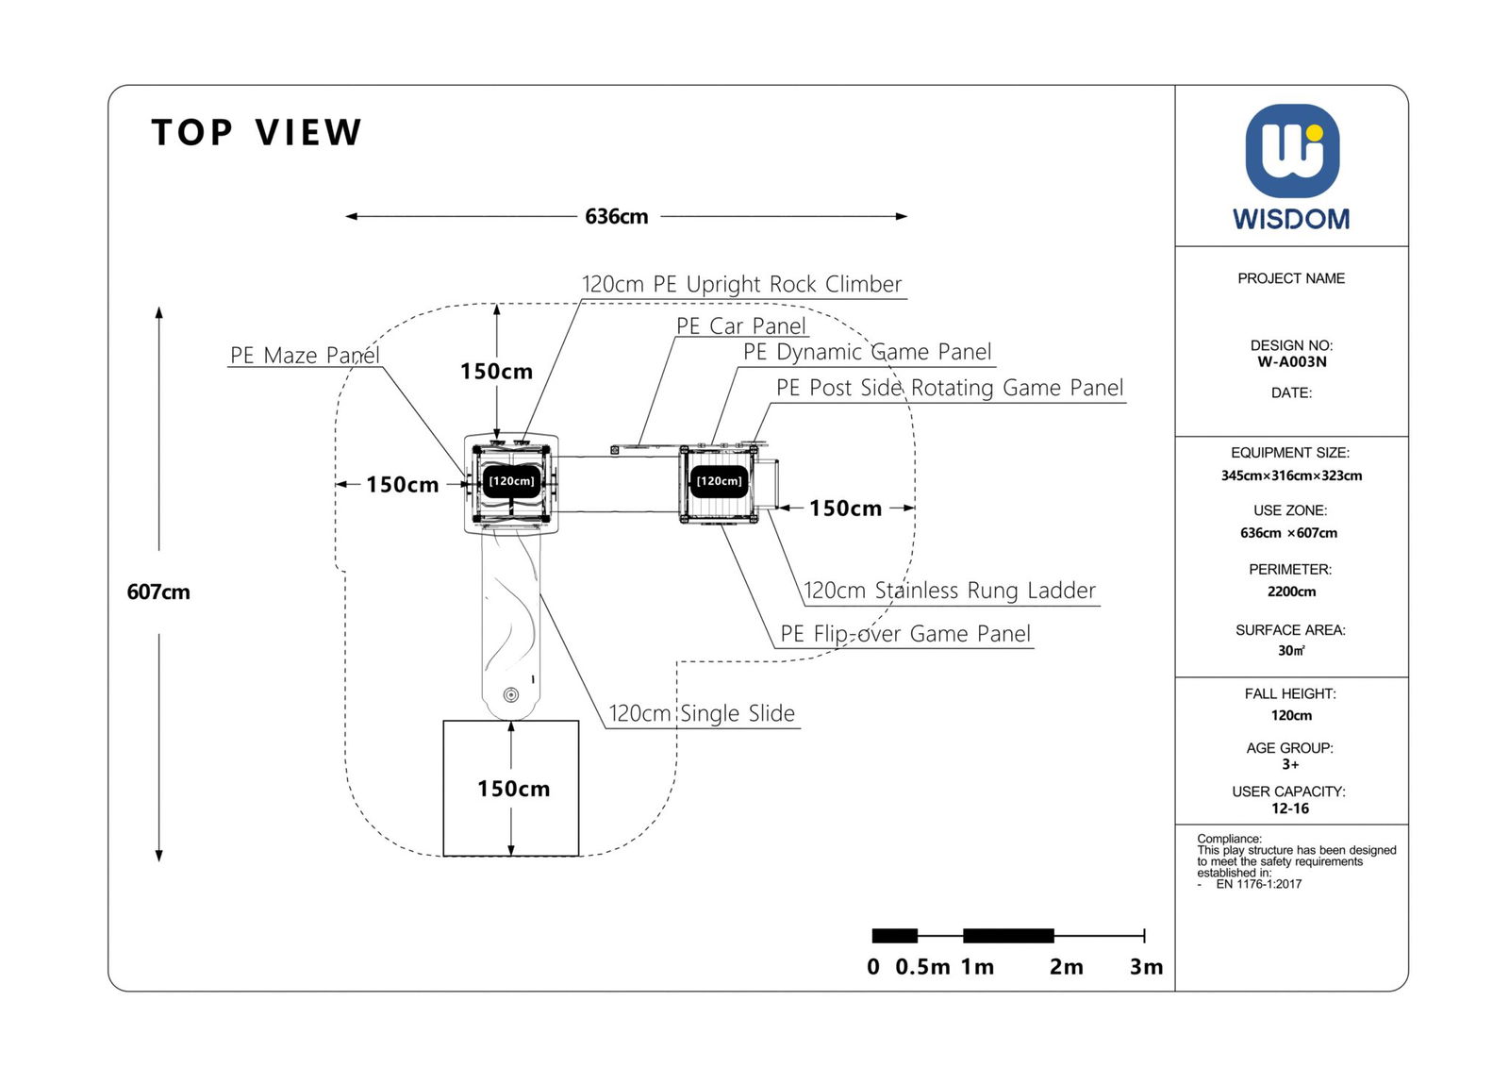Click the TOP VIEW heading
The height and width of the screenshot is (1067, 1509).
click(257, 133)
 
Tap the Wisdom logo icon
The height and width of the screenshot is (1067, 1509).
click(1291, 151)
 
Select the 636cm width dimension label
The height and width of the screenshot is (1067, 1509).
click(617, 217)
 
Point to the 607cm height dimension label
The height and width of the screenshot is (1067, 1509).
click(158, 592)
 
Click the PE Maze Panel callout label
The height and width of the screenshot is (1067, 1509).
click(305, 356)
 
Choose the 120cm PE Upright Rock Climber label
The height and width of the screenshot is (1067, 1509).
click(741, 285)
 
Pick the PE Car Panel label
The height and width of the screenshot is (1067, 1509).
click(741, 326)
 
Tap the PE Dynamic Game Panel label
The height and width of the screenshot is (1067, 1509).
click(867, 353)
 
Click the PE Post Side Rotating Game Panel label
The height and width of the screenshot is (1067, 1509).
click(950, 389)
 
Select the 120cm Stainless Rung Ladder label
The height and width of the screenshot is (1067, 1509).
click(949, 592)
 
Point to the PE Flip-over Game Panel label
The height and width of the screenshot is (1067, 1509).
click(904, 634)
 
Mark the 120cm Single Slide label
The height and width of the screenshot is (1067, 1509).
click(702, 714)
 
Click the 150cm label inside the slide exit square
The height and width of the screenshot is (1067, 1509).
click(513, 789)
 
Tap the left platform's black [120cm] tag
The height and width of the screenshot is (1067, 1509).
click(511, 481)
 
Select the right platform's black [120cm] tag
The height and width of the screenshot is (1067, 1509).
click(719, 481)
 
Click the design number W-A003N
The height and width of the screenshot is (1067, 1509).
click(1291, 362)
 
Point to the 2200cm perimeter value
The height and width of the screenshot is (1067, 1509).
click(1291, 592)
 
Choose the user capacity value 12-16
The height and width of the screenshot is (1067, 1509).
click(1290, 809)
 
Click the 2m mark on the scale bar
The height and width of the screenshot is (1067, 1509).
click(1066, 967)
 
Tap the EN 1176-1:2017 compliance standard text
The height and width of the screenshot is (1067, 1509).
click(1258, 885)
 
